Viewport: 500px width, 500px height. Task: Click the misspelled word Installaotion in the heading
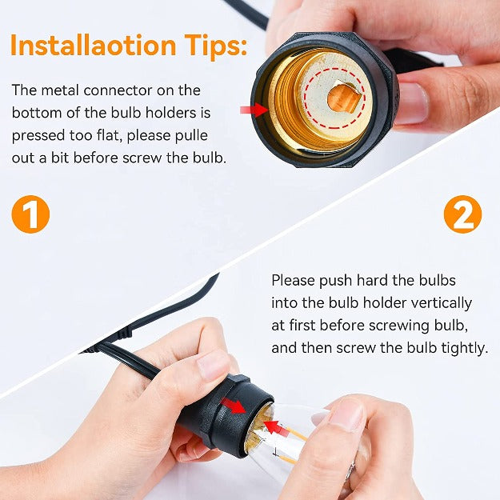tap(93, 45)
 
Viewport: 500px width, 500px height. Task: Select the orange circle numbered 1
tap(30, 214)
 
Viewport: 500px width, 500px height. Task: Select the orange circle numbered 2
tap(462, 214)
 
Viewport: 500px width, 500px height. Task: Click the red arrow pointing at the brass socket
tap(254, 110)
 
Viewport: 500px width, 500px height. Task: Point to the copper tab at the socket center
tap(344, 98)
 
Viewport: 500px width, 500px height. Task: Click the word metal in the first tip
tap(61, 90)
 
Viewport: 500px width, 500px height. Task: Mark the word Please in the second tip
tap(293, 281)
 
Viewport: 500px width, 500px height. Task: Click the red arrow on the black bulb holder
tap(234, 406)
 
